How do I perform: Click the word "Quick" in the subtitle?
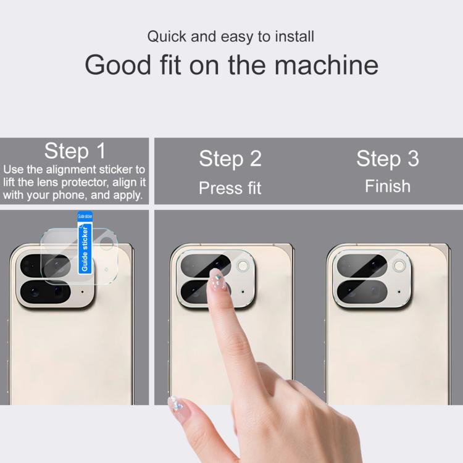coord(167,37)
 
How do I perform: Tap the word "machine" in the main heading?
coord(327,65)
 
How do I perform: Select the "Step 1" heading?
coord(75,151)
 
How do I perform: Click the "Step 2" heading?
coord(230,159)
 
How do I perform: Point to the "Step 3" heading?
coord(388,159)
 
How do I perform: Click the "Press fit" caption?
coord(230,188)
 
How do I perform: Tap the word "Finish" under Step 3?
coord(388,186)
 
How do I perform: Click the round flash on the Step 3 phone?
coord(399,265)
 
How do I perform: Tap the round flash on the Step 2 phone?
coord(243,265)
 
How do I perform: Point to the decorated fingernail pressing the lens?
coord(217,279)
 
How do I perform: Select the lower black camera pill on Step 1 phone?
coord(45,292)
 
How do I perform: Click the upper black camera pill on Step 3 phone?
coord(362,265)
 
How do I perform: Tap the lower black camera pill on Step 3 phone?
coord(362,292)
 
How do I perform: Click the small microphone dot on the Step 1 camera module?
coord(82,292)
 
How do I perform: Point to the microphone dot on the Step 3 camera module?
coord(399,292)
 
